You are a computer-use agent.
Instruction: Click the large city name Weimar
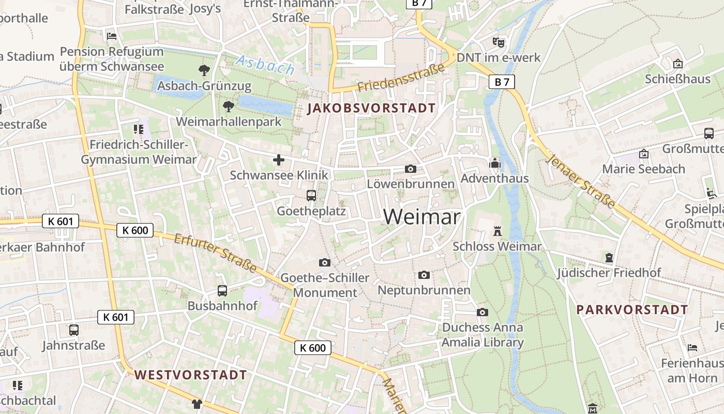coord(421,216)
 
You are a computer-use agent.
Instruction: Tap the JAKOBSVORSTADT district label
coord(371,109)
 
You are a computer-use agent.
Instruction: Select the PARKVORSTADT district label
coord(632,310)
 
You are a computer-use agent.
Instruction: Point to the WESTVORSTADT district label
coord(191,375)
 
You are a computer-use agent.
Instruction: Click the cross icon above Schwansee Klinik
coord(279,160)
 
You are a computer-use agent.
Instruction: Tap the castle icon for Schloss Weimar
coord(497,231)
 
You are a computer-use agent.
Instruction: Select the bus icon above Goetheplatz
coord(311,196)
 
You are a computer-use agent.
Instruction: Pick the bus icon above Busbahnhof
coord(222,290)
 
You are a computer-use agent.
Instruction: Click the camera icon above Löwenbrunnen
coord(411,169)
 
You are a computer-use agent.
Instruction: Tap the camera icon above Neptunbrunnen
coord(424,275)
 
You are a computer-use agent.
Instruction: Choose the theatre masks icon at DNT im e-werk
coord(499,42)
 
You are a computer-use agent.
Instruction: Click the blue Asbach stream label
coord(265,65)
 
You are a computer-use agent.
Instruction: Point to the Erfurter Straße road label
coord(215,253)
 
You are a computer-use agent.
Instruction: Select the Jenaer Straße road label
coord(581,181)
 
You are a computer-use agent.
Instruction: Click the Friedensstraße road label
coord(401,78)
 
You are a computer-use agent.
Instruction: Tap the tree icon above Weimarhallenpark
coord(228,107)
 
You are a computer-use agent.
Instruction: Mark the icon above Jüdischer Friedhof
coord(609,257)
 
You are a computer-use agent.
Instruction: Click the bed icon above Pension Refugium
coord(112,36)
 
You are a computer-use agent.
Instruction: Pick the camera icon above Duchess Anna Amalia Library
coord(482,312)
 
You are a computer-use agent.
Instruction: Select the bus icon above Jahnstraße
coord(74,330)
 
